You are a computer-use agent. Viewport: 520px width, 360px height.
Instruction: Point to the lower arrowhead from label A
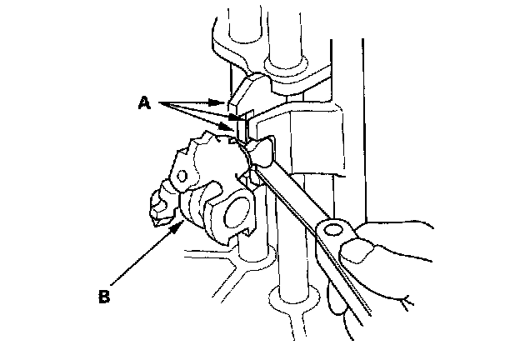coord(237,129)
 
